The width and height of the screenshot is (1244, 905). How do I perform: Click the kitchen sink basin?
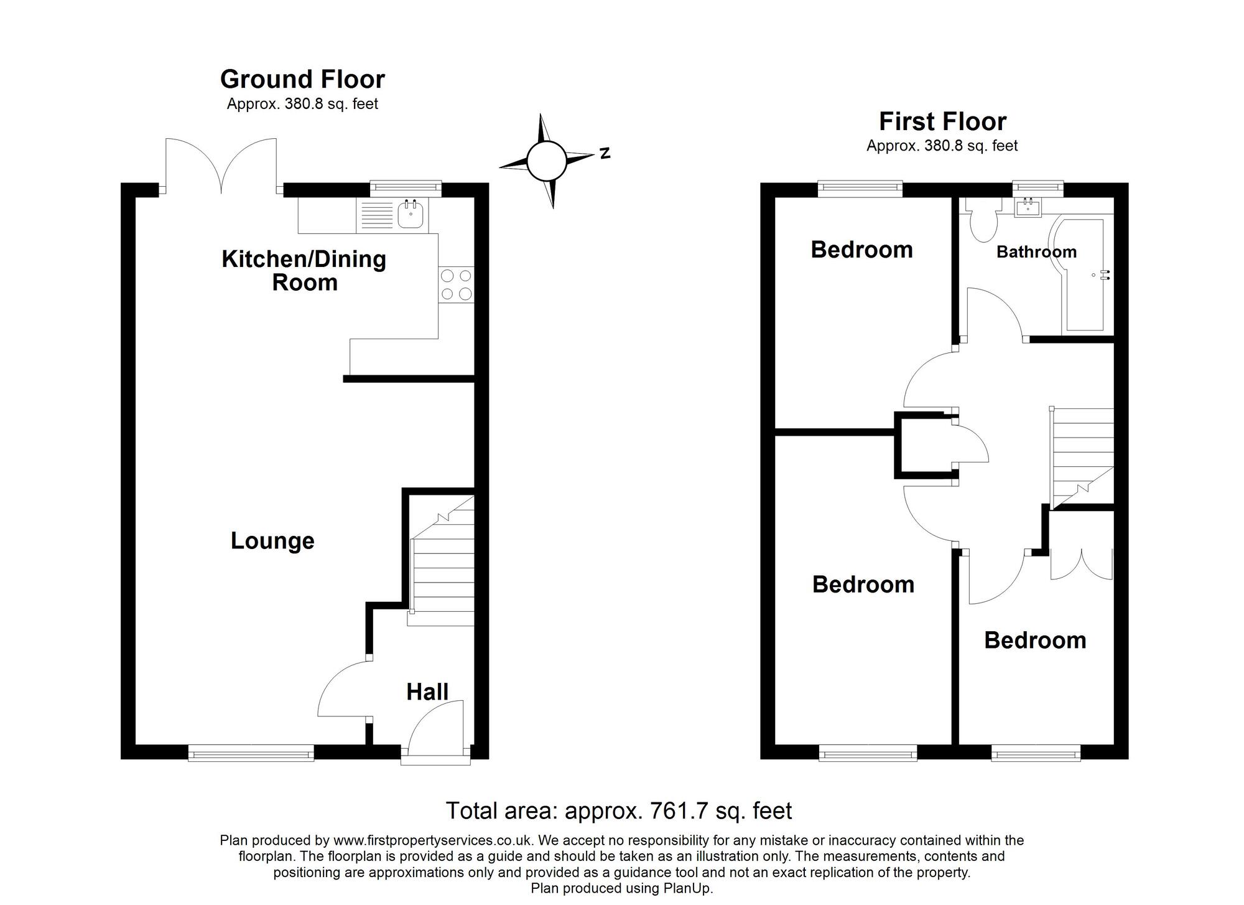pos(411,215)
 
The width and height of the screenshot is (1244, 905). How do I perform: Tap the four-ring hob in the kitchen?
pos(456,284)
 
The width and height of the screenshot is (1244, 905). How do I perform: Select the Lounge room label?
pos(272,541)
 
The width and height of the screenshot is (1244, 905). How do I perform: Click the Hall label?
pos(427,692)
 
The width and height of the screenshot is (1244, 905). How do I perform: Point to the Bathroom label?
pos(1036,252)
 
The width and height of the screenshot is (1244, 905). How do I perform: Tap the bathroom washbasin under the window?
pos(1028,207)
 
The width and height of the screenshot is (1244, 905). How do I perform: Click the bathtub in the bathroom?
pos(1084,274)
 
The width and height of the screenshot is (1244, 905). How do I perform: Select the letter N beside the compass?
pos(604,152)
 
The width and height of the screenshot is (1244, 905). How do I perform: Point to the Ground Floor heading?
pos(302,80)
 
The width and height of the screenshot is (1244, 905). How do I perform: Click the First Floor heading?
pos(942,121)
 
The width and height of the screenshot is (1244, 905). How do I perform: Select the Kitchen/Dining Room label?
pos(304,271)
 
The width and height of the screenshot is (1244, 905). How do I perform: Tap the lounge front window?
pos(251,754)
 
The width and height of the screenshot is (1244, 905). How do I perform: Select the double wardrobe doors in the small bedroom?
pos(1082,563)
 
